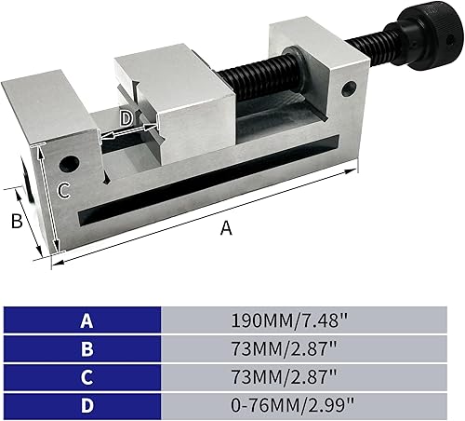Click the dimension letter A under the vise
click(x=224, y=229)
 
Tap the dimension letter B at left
click(x=16, y=221)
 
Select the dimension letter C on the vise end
click(x=63, y=191)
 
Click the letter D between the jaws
click(x=127, y=118)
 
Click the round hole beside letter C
click(x=67, y=165)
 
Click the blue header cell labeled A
click(x=86, y=321)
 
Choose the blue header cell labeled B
click(x=86, y=349)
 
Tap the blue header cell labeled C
click(x=86, y=377)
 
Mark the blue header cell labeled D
click(x=86, y=405)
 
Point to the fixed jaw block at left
click(x=46, y=107)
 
